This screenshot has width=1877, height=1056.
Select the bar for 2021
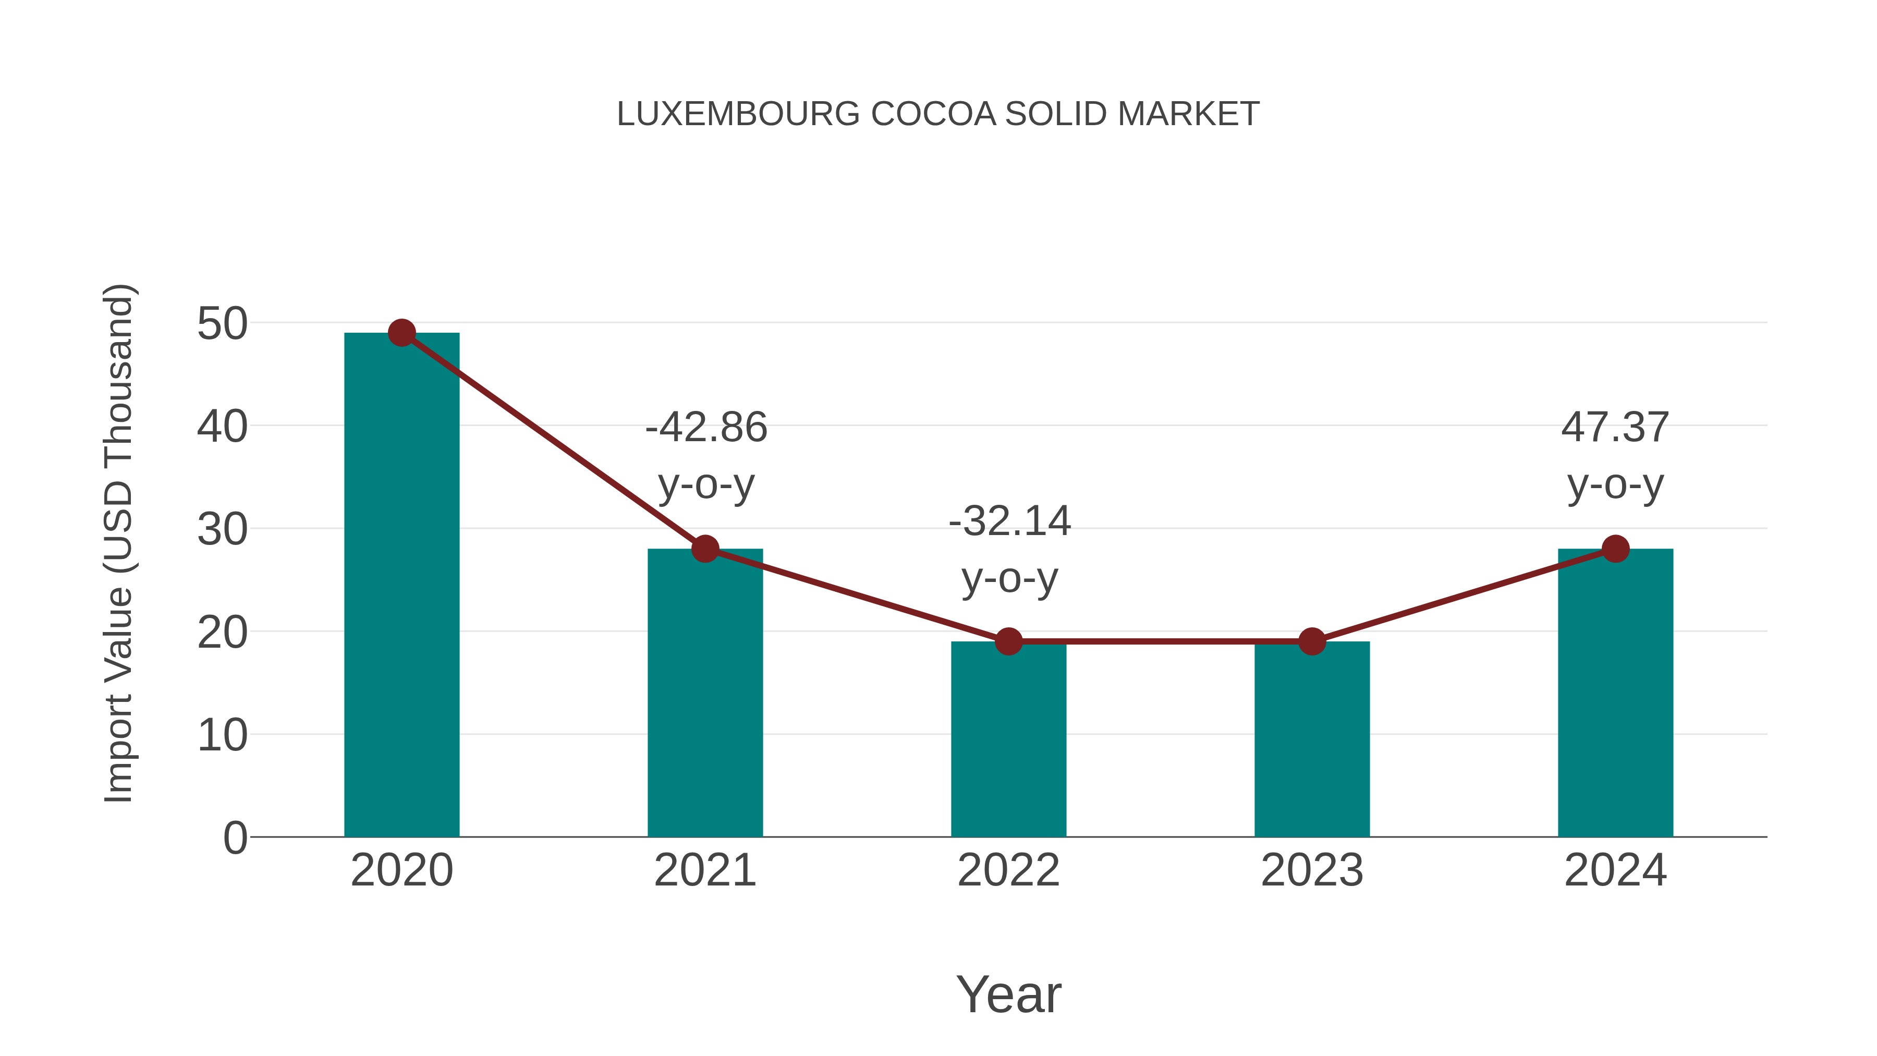click(704, 693)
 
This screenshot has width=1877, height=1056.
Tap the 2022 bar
click(1008, 739)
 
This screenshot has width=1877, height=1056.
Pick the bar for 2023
click(1312, 739)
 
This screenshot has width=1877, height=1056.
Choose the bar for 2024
click(1615, 693)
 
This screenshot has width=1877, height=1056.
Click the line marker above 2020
click(401, 333)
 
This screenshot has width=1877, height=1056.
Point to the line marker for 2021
click(704, 549)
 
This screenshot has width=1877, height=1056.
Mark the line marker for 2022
click(1008, 641)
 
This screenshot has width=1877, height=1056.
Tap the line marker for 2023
click(1312, 641)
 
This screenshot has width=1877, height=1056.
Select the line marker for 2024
click(1615, 549)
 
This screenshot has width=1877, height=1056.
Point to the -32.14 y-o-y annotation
click(1009, 550)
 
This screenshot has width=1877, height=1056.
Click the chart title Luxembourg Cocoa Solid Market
click(938, 114)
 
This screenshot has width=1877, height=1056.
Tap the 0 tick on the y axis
click(235, 838)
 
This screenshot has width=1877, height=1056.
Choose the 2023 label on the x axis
click(1312, 870)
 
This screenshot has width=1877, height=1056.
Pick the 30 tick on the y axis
click(222, 530)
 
